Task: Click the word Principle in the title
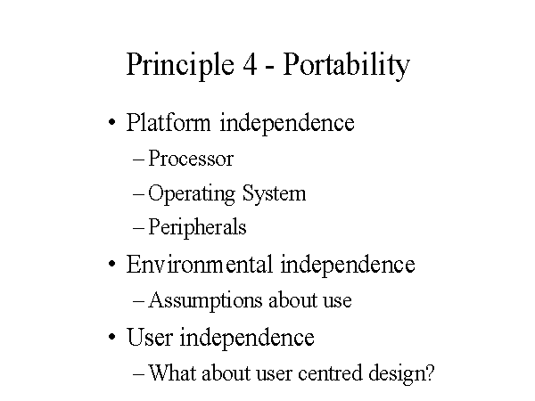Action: tap(180, 65)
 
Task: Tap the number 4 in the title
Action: tap(250, 64)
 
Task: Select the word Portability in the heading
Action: tap(346, 65)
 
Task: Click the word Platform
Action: tap(169, 122)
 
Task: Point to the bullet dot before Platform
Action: tap(112, 122)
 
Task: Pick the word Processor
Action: tap(191, 159)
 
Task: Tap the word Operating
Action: tap(192, 194)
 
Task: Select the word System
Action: tap(274, 194)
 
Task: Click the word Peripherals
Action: tap(197, 228)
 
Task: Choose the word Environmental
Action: tap(200, 264)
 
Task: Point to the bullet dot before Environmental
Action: tap(112, 264)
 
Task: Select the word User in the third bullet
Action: tap(150, 337)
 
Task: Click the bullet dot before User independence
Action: tap(112, 337)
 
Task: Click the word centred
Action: tap(330, 372)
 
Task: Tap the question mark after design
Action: tap(430, 372)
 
